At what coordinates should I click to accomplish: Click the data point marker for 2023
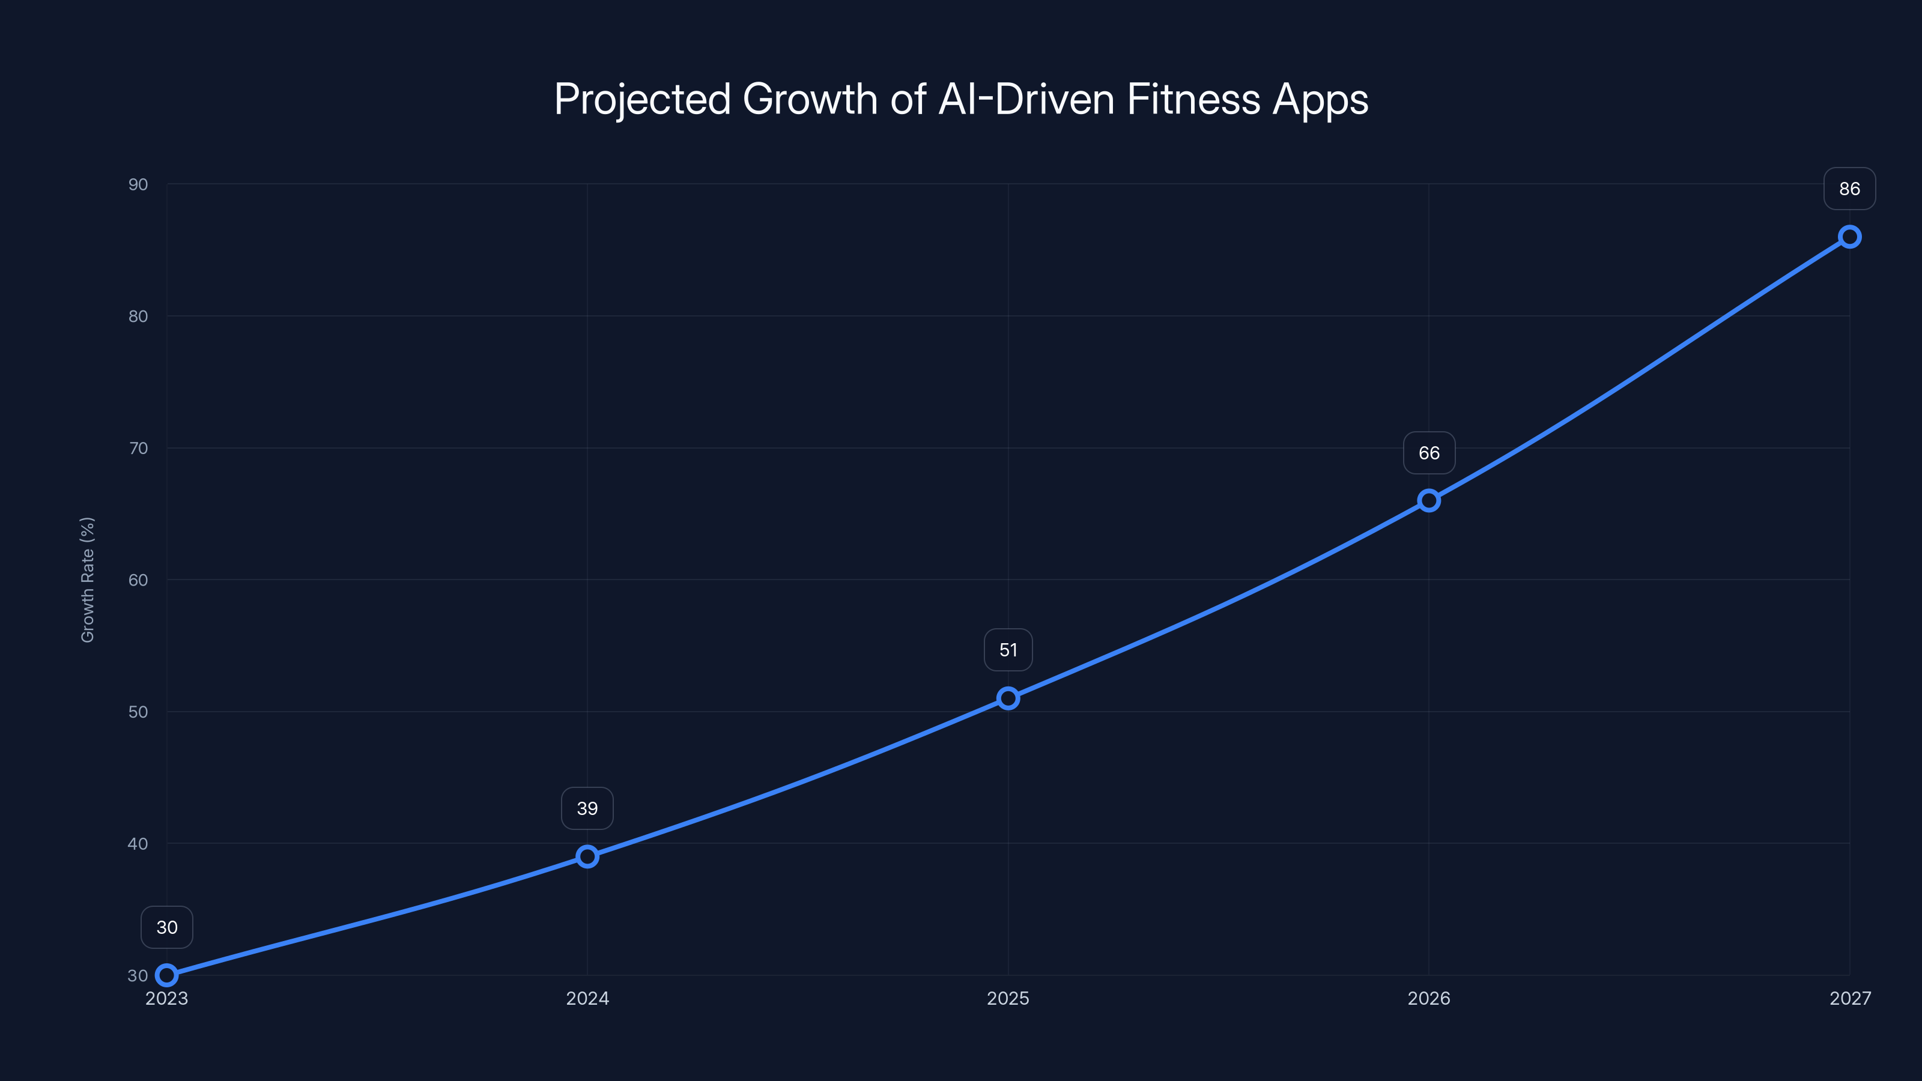[166, 975]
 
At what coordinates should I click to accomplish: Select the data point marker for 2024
[587, 856]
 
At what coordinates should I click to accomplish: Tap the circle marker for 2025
[1008, 698]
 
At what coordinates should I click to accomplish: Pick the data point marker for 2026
[1429, 501]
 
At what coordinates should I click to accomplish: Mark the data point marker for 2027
[1850, 237]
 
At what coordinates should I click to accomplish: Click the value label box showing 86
[1850, 189]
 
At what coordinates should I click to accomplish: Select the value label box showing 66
[1429, 453]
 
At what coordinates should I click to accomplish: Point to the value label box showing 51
[1008, 650]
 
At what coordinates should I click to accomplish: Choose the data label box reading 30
[166, 927]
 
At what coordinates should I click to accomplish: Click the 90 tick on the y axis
[138, 184]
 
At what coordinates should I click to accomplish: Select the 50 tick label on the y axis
[138, 712]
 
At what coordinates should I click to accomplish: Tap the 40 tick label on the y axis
[138, 844]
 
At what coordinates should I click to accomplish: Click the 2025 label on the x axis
[1008, 998]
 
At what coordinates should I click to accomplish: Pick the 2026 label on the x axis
[1429, 998]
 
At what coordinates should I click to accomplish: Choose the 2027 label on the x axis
[1850, 998]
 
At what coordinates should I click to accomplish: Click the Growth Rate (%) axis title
[87, 580]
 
